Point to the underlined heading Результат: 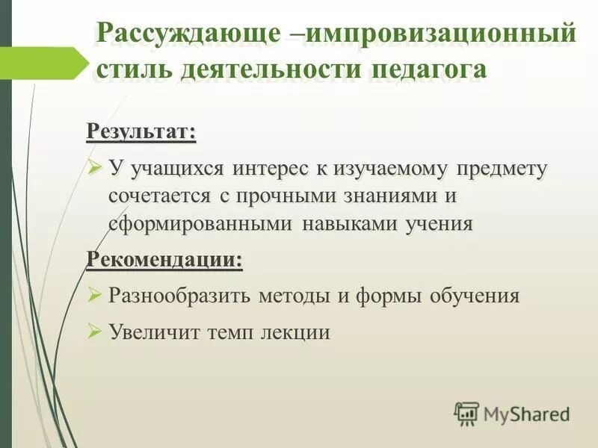141,132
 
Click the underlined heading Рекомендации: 164,260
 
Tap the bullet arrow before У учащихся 94,168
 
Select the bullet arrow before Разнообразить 94,295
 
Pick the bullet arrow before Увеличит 94,331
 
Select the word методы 292,296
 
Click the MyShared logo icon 466,412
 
